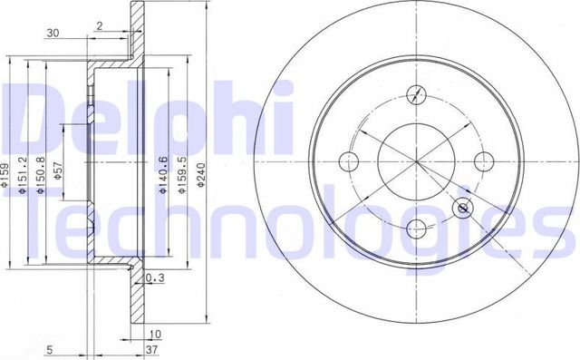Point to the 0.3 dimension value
tap(154, 278)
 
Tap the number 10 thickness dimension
tap(155, 333)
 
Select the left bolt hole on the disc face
tap(349, 163)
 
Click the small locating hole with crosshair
tap(464, 209)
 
